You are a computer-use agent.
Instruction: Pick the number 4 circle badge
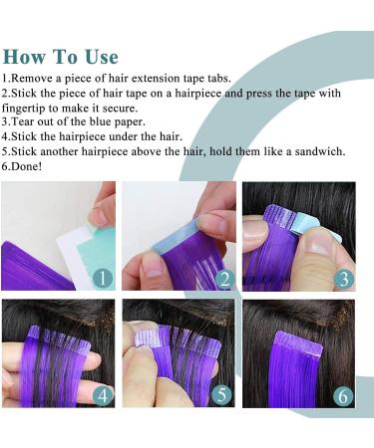100,395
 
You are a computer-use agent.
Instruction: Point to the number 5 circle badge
222,395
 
